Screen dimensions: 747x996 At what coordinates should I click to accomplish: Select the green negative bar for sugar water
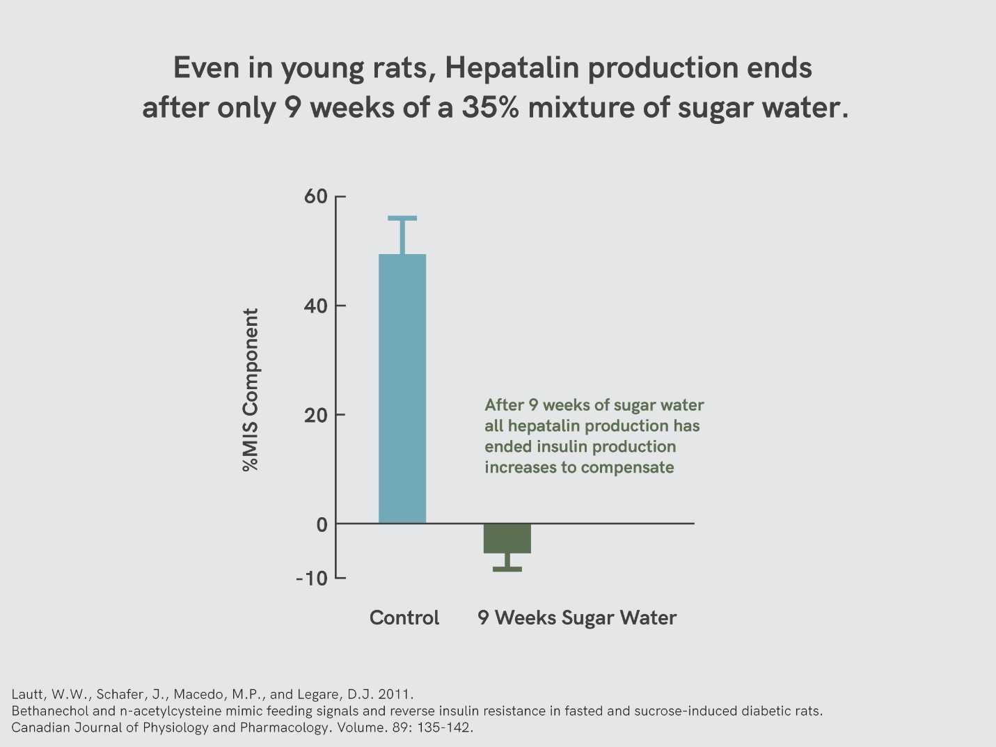507,538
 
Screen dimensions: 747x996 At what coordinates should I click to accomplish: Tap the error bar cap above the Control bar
402,219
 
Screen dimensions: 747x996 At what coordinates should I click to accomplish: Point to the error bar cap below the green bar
507,569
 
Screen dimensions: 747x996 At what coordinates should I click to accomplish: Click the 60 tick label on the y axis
315,196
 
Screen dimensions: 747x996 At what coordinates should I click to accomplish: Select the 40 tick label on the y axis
315,306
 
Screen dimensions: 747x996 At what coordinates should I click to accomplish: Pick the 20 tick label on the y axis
315,415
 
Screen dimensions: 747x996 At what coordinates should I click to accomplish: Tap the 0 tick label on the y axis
322,524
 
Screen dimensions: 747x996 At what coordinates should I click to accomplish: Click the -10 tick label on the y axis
311,579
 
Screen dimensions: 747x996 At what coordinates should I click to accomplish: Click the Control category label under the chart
404,618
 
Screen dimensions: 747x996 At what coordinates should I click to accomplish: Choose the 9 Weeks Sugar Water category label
577,618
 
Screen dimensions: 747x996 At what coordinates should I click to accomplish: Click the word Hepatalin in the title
512,68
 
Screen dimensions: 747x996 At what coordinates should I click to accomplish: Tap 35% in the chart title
490,108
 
